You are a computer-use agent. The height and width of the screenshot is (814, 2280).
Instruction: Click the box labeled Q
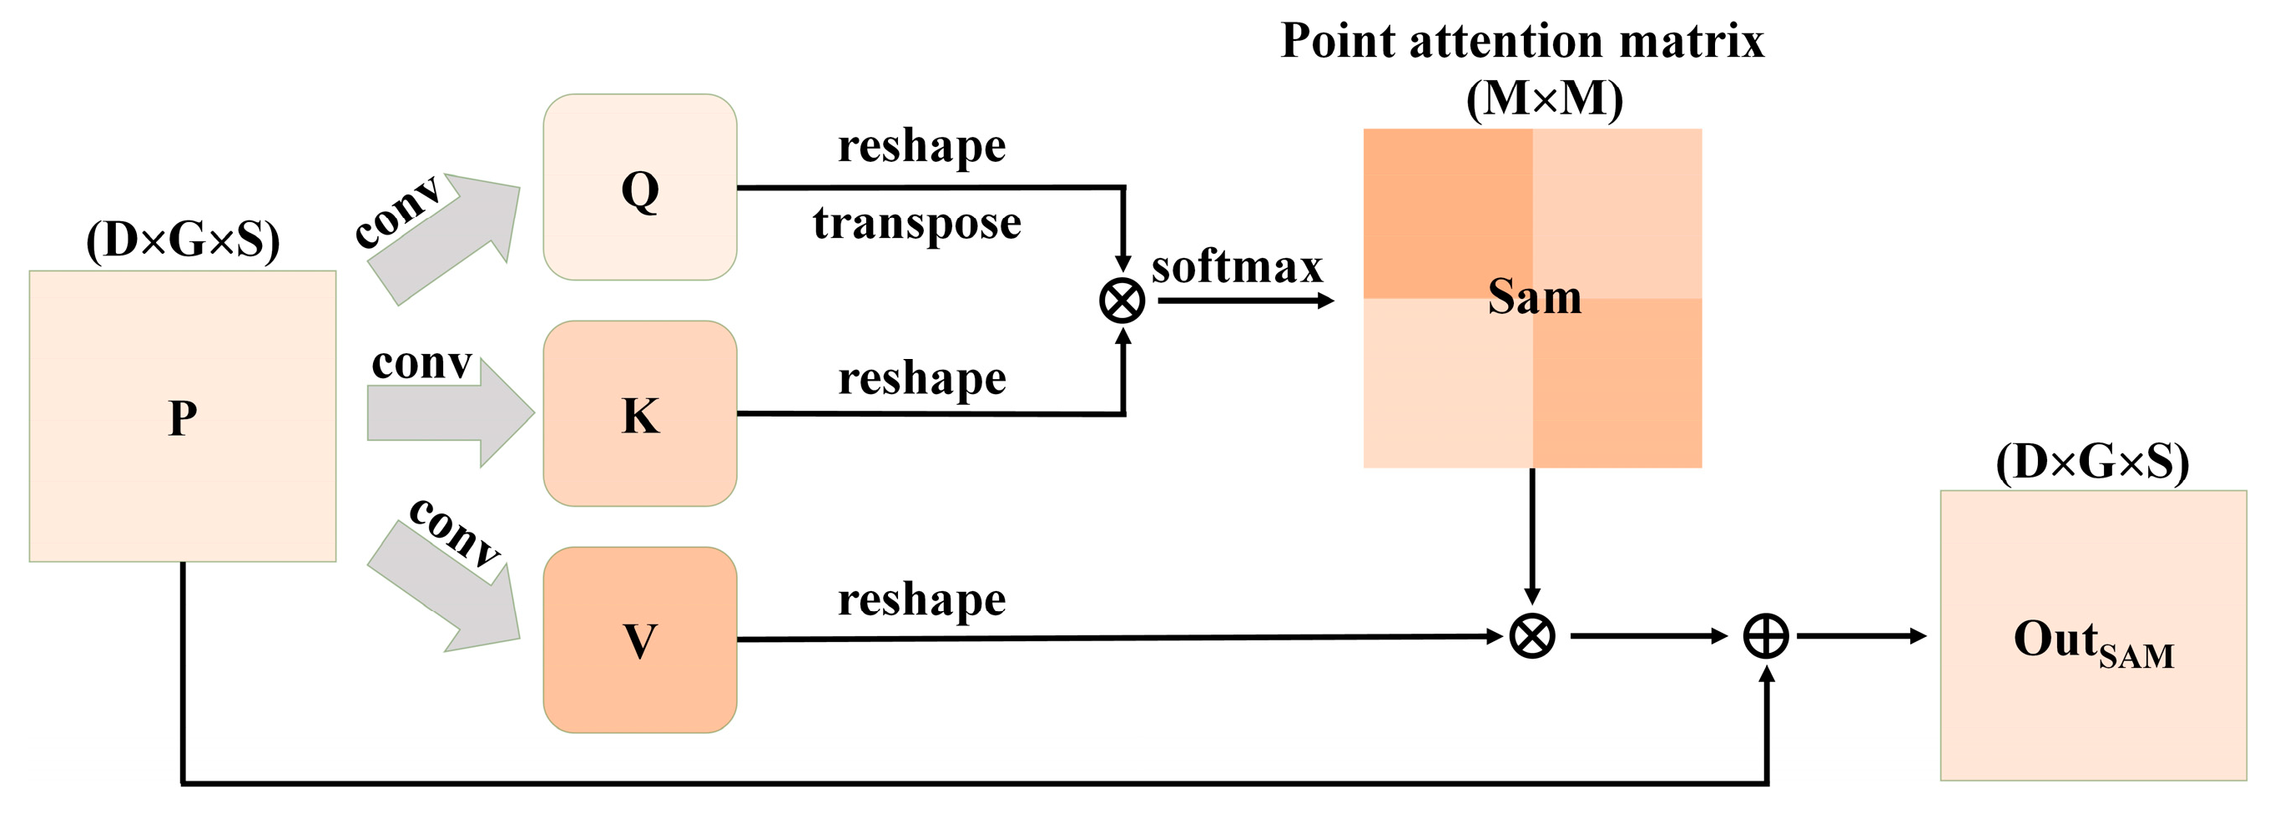(x=639, y=188)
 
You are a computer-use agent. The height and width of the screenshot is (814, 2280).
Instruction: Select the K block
(x=639, y=413)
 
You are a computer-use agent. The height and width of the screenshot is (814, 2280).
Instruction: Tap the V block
(x=639, y=640)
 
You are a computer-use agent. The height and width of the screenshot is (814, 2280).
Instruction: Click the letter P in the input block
(x=182, y=417)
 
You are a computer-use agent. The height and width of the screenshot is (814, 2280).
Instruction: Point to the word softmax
(x=1237, y=267)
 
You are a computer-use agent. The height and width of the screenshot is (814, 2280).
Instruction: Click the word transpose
(x=917, y=223)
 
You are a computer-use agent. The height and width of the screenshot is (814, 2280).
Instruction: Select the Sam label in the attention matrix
(x=1534, y=296)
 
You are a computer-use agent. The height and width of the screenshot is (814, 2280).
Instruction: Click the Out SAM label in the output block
(x=2092, y=641)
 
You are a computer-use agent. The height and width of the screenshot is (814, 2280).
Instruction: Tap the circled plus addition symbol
(x=1766, y=636)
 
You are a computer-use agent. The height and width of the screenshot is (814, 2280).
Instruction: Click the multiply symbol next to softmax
(x=1122, y=301)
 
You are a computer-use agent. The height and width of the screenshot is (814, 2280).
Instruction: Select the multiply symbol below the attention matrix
(x=1532, y=636)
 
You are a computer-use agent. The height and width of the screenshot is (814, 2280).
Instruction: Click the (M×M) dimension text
(x=1545, y=99)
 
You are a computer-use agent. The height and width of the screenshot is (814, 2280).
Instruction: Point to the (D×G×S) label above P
(x=182, y=239)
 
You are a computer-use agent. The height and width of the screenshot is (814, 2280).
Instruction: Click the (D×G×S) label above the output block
(x=2092, y=462)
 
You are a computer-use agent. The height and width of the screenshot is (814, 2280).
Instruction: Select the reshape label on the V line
(x=921, y=599)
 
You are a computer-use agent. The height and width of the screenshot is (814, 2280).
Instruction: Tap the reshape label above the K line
(x=921, y=379)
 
